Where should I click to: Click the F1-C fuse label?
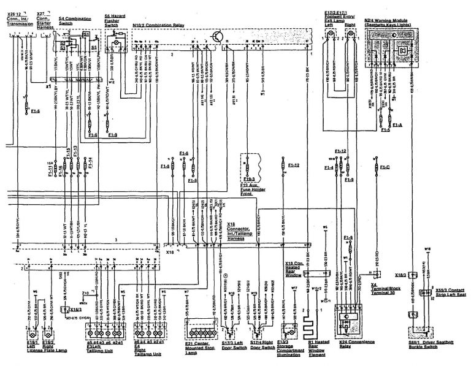385,167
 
